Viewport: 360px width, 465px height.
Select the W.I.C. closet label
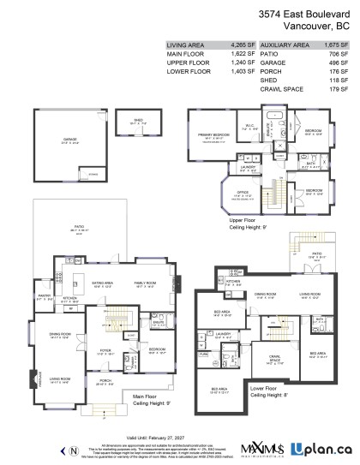click(249, 128)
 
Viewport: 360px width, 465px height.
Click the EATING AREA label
click(104, 282)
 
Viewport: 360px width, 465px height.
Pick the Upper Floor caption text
click(245, 220)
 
